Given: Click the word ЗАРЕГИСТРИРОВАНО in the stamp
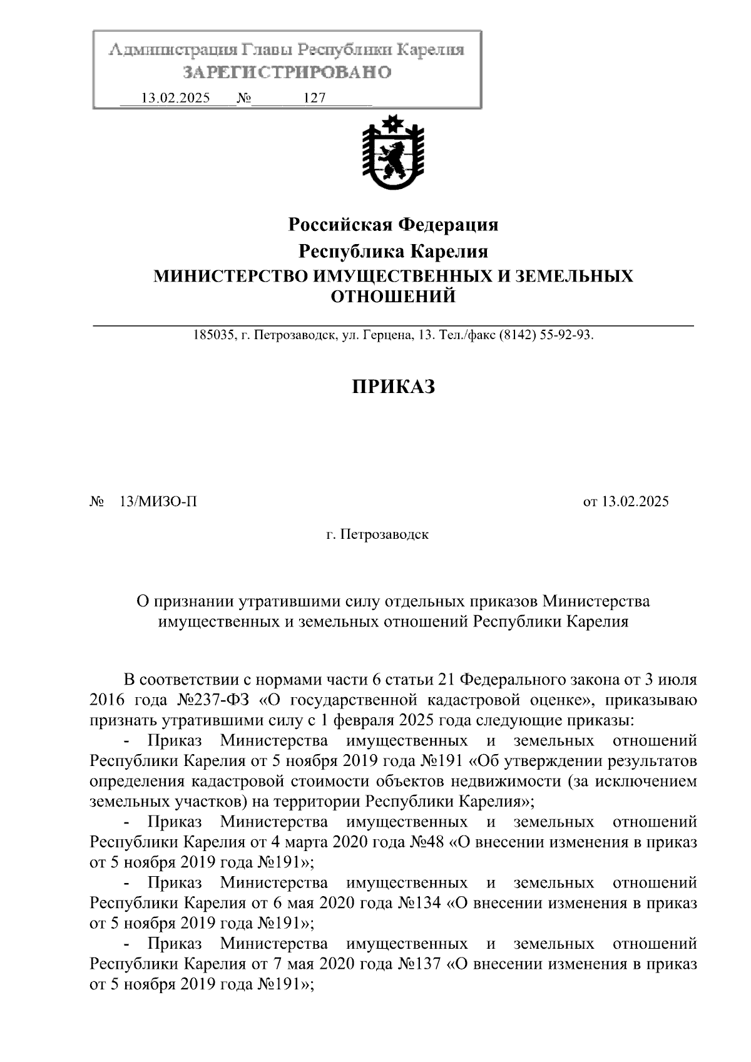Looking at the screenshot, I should pyautogui.click(x=287, y=73).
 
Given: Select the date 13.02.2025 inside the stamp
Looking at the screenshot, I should pyautogui.click(x=176, y=98).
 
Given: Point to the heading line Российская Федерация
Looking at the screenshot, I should pyautogui.click(x=393, y=224).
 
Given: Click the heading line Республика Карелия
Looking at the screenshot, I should pyautogui.click(x=393, y=252).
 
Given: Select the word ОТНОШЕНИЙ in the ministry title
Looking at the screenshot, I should pyautogui.click(x=393, y=296).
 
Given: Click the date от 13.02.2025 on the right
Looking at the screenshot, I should pyautogui.click(x=626, y=501).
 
